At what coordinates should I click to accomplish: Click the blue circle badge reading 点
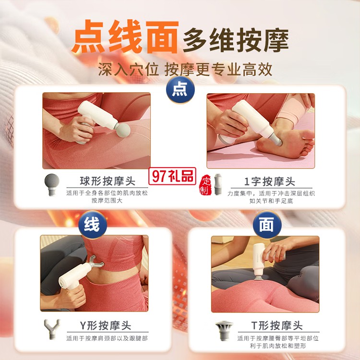[180, 90]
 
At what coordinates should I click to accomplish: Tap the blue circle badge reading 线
[92, 224]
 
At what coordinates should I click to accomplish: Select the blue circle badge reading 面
[267, 225]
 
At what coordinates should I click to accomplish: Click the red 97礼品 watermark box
[172, 176]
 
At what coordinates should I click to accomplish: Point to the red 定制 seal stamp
[205, 185]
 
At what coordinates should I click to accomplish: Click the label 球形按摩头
[108, 181]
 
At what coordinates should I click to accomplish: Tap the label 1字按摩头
[269, 181]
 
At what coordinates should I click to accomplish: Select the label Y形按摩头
[106, 325]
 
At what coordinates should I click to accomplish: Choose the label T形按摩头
[276, 325]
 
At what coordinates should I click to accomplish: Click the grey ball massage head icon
[52, 184]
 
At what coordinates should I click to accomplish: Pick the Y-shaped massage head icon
[52, 329]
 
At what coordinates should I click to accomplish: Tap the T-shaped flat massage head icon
[224, 330]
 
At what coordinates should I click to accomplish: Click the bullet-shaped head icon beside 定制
[218, 184]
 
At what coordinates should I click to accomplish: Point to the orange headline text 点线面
[125, 37]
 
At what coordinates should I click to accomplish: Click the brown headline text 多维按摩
[236, 40]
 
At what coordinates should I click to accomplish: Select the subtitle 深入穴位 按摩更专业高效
[185, 69]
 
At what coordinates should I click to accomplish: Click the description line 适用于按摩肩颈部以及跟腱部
[107, 338]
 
